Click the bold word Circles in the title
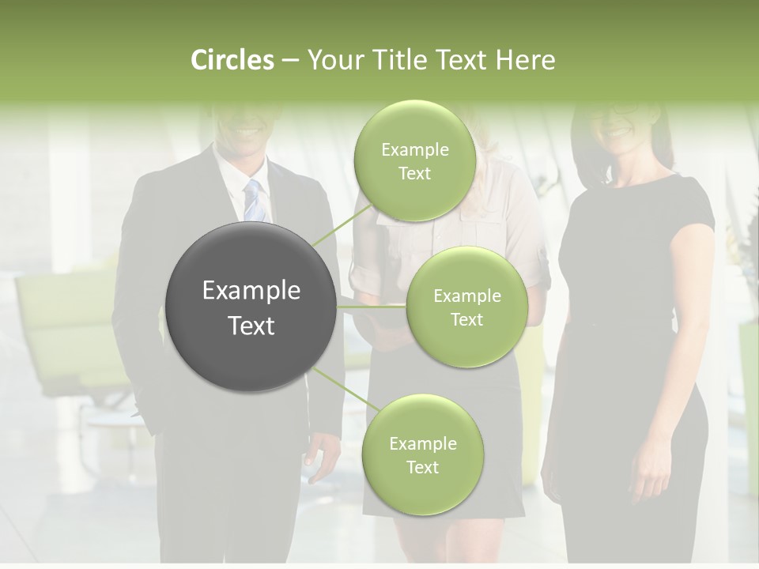(x=232, y=60)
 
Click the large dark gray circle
(x=251, y=307)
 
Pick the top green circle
(x=414, y=160)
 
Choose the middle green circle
(x=466, y=307)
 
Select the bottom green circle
(x=422, y=454)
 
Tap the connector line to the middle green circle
(x=372, y=307)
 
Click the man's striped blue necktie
(x=254, y=202)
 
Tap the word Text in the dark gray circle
(x=251, y=326)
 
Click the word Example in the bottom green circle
(x=422, y=443)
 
